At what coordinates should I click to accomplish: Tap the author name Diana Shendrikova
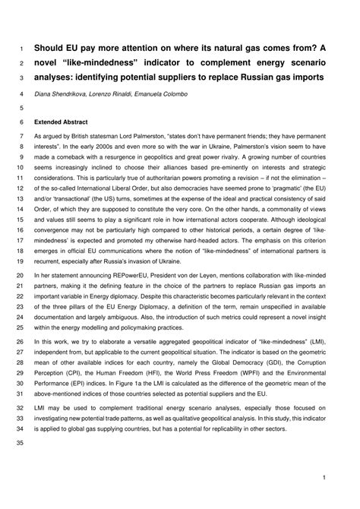pos(65,94)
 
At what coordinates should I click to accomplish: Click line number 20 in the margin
pos(20,276)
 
